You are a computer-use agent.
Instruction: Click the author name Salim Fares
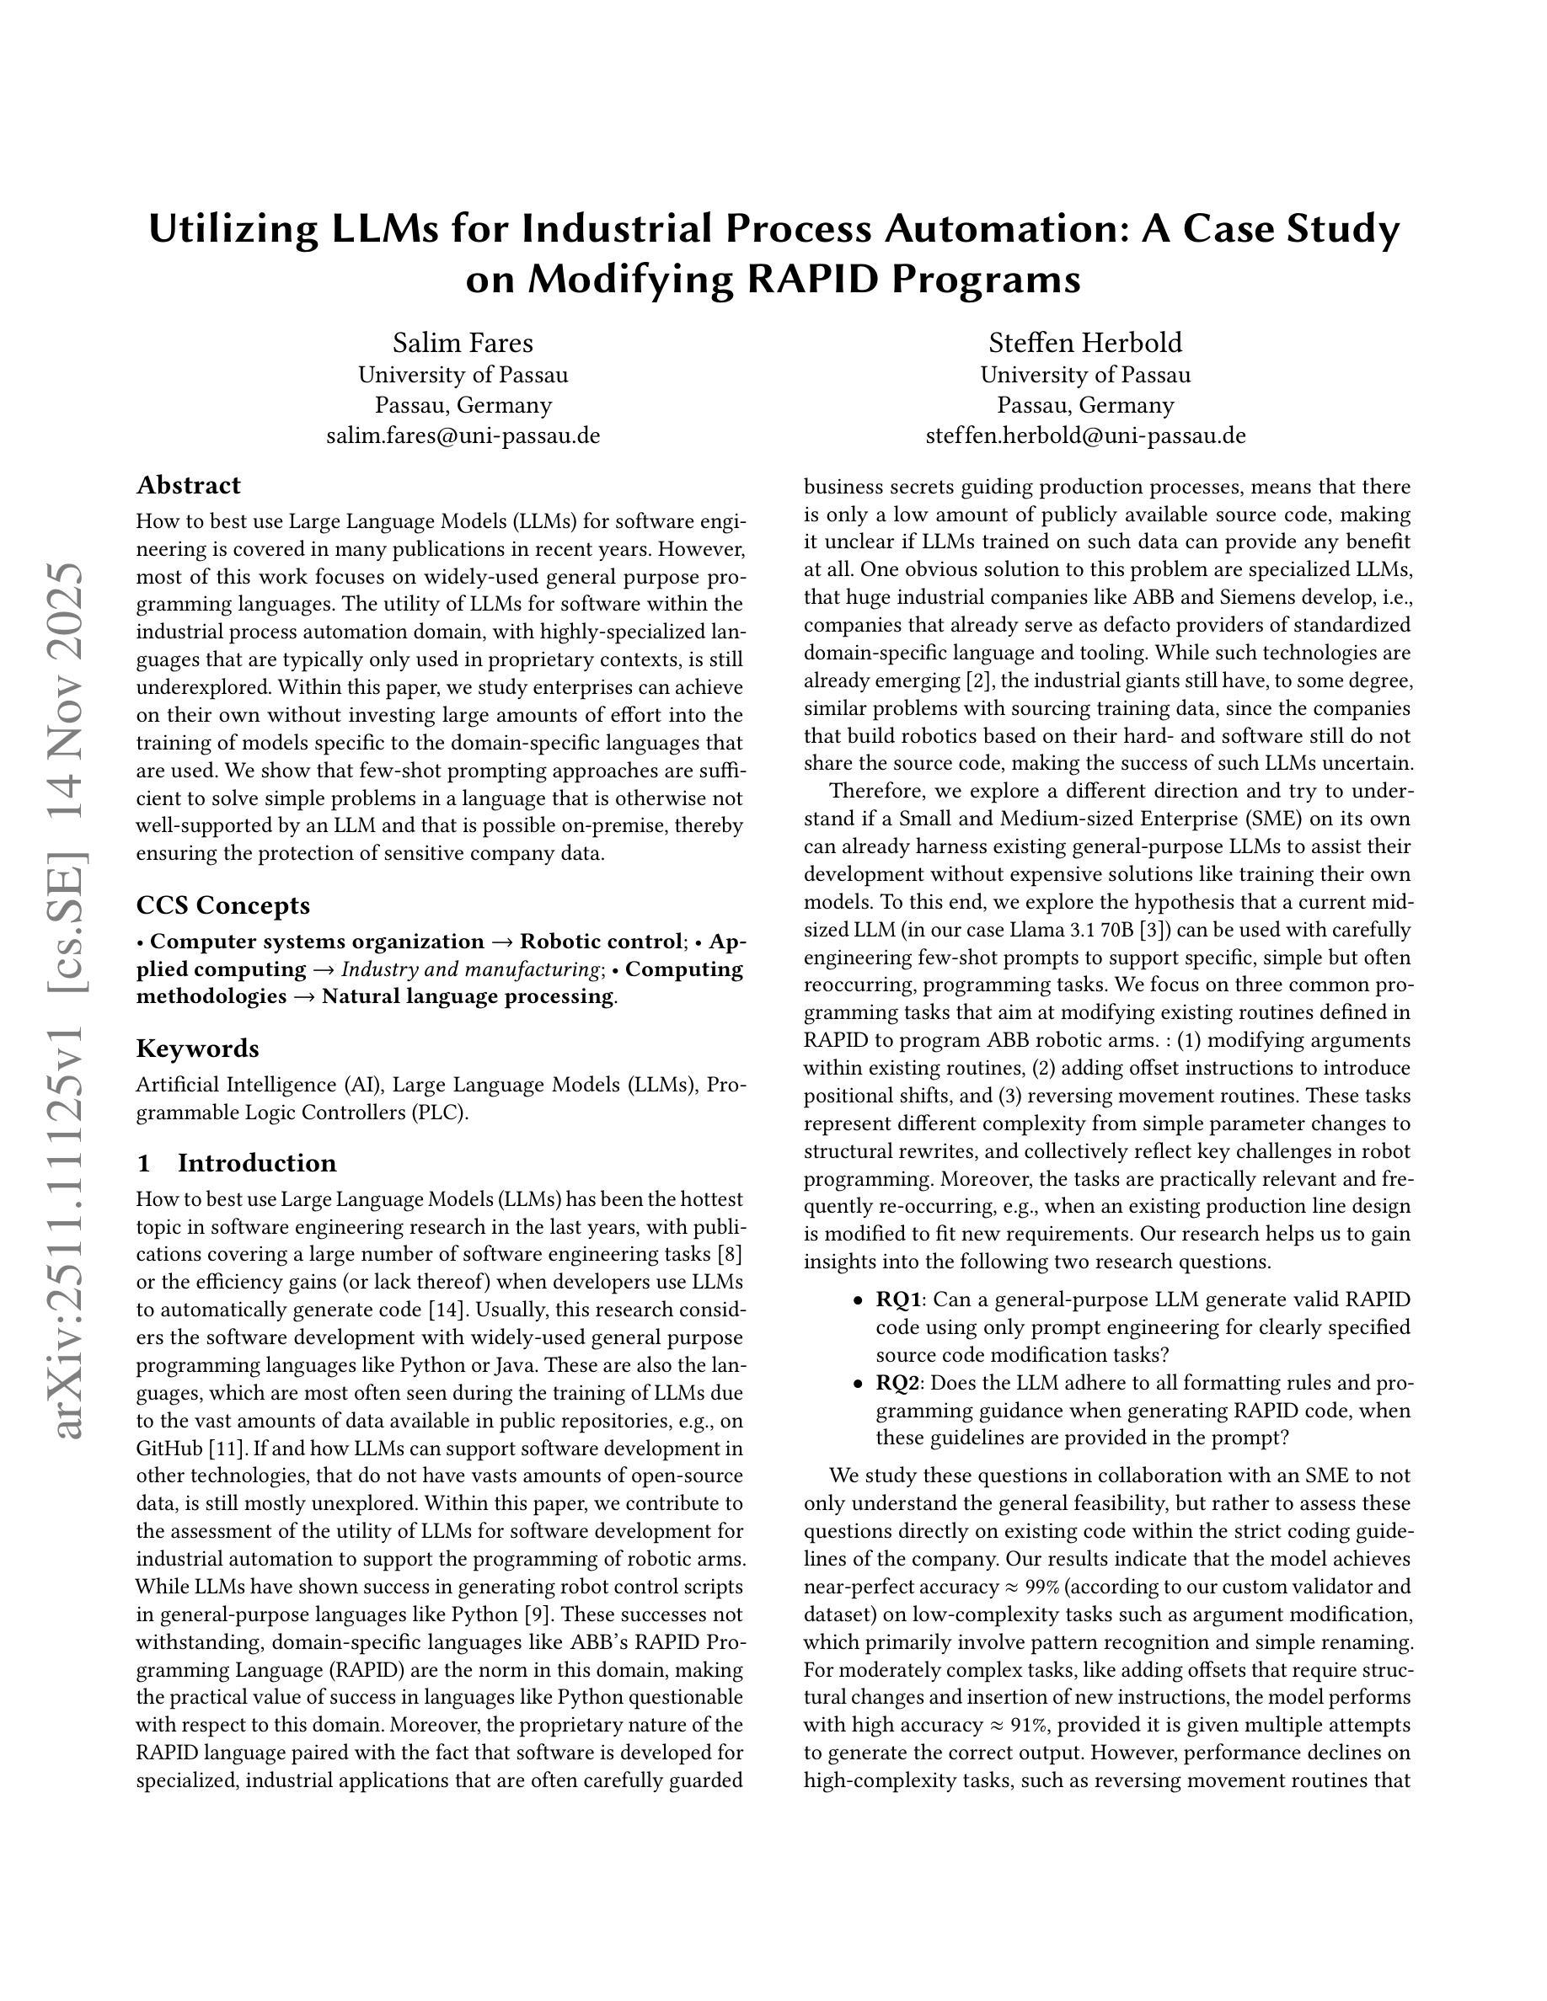pos(463,343)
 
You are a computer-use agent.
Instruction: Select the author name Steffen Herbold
pos(1085,343)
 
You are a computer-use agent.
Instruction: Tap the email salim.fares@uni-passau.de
pos(463,435)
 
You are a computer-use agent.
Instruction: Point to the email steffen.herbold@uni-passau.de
pos(1085,435)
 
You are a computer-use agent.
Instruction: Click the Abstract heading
pos(188,485)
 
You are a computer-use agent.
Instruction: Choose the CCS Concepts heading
pos(222,905)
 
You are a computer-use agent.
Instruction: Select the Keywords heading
pos(197,1049)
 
